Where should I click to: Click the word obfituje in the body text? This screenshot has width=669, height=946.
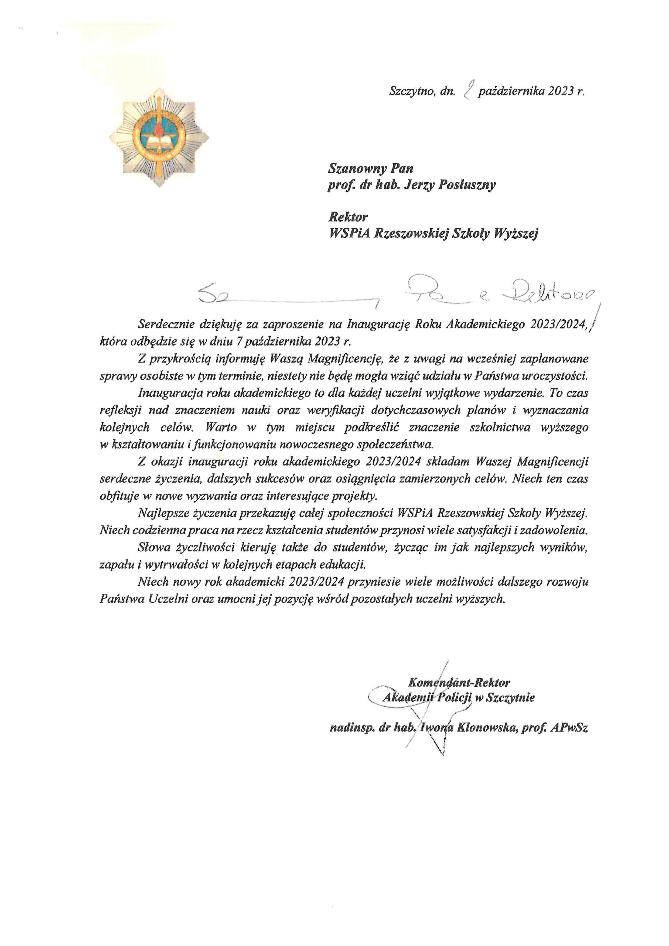pyautogui.click(x=119, y=496)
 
